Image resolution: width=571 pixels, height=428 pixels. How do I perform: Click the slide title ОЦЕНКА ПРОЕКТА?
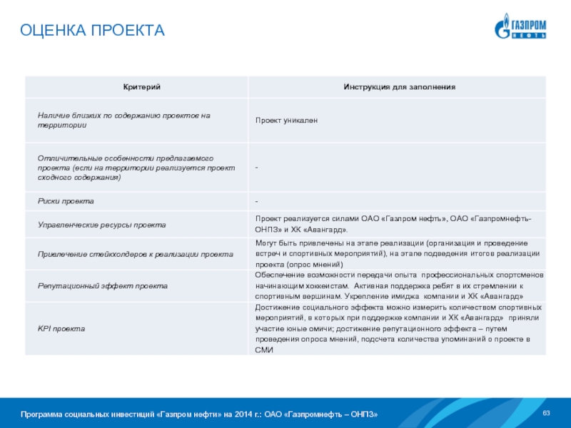click(92, 31)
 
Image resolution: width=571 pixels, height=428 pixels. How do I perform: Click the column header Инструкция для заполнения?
click(399, 87)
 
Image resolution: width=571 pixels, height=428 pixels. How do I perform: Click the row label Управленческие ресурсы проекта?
click(102, 225)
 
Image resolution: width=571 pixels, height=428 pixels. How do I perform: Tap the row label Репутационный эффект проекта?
click(103, 285)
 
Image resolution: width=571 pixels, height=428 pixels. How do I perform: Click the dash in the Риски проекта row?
click(257, 201)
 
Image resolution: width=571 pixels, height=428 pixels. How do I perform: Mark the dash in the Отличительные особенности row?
click(257, 167)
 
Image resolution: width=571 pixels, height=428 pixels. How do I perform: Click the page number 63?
click(547, 414)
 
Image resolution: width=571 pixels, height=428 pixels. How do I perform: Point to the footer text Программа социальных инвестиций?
click(199, 415)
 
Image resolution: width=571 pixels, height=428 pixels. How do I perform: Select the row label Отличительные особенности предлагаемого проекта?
click(126, 167)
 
